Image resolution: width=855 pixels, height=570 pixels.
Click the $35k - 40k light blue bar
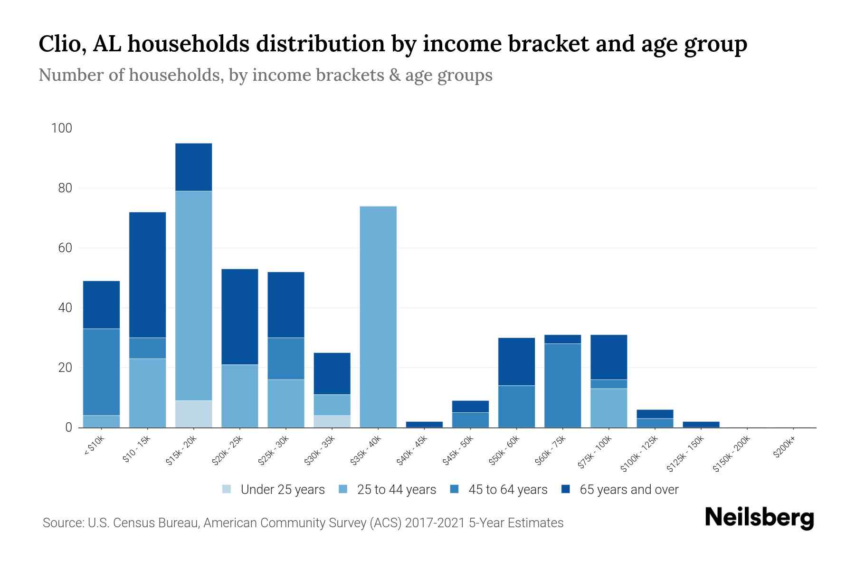click(378, 317)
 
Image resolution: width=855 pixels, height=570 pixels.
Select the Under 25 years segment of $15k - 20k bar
click(193, 414)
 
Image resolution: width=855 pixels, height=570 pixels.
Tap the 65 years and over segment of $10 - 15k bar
click(147, 275)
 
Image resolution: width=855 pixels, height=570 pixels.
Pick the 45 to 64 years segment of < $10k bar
click(101, 372)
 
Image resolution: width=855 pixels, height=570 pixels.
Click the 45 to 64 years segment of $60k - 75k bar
click(562, 385)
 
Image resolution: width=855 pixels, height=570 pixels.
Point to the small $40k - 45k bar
click(424, 424)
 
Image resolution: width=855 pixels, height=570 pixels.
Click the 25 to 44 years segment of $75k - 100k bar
click(608, 408)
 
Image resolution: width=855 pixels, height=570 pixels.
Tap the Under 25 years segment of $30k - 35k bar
click(332, 421)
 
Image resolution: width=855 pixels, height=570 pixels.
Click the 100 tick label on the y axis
click(61, 128)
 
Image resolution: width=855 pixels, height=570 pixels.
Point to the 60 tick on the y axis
click(65, 248)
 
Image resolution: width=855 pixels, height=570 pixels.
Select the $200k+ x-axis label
click(784, 448)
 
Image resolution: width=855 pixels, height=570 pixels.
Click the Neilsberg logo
click(759, 518)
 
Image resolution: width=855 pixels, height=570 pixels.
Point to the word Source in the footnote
click(62, 523)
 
